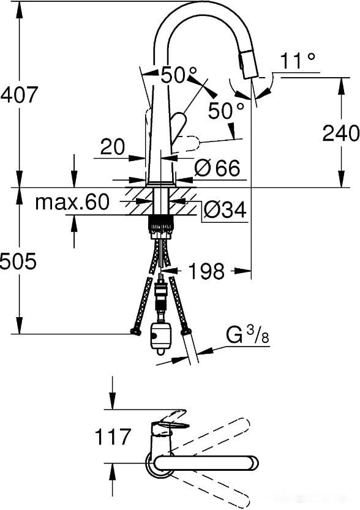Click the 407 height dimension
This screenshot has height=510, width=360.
point(20,95)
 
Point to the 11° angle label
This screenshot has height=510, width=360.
point(298,61)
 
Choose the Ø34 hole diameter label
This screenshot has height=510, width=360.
point(224,211)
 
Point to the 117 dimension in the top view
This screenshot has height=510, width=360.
point(113,437)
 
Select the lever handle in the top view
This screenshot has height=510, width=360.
point(172,423)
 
